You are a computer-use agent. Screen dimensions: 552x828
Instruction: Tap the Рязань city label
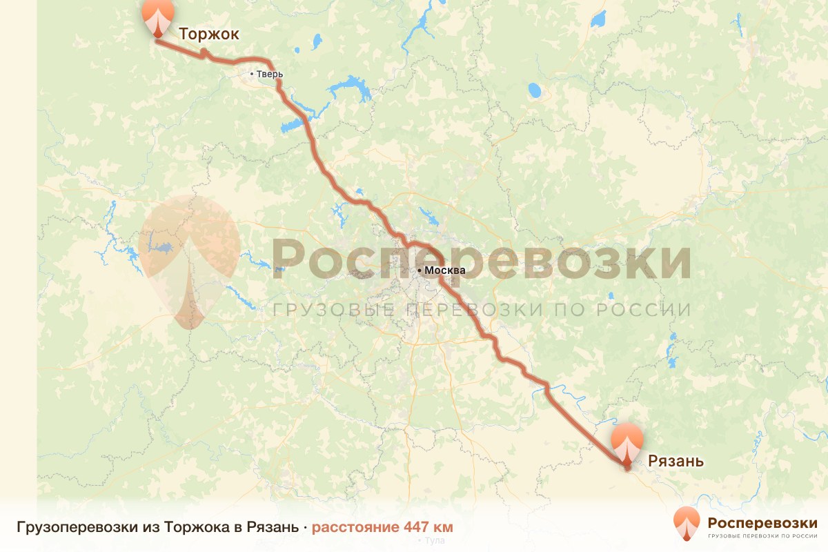tap(676, 461)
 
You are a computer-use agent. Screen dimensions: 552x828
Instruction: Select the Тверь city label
tap(269, 75)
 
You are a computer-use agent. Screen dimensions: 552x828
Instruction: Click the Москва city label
tap(445, 270)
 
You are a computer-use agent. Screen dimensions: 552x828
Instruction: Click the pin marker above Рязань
tap(627, 442)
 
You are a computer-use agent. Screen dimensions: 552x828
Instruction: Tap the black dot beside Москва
tap(419, 270)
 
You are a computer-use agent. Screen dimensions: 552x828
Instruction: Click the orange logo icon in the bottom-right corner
tap(687, 523)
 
